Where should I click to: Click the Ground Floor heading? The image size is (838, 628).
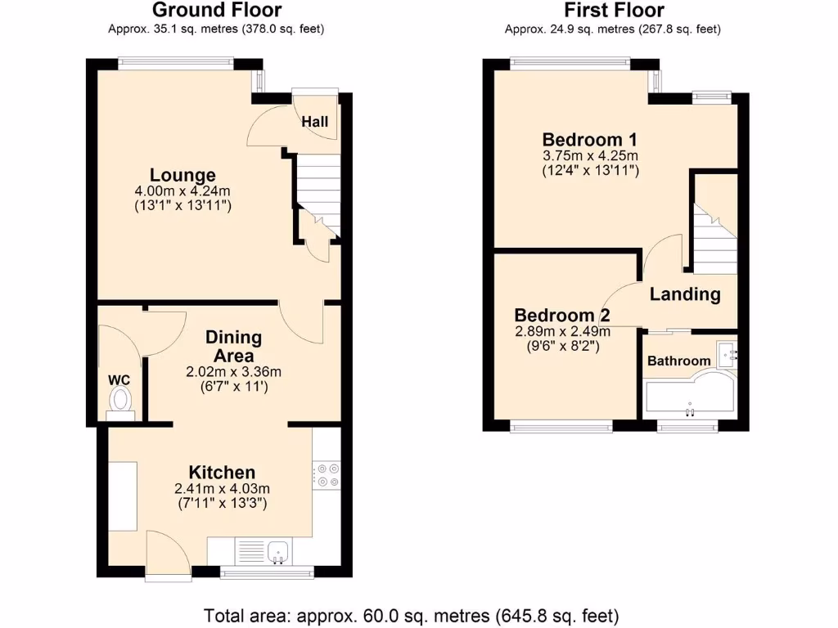(x=217, y=11)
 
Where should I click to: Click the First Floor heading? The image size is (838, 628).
(x=613, y=11)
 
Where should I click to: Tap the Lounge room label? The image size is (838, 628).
(x=182, y=174)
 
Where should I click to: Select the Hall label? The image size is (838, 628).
(x=315, y=122)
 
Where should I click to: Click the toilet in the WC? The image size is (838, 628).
(x=121, y=401)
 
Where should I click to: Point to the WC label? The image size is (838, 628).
(x=119, y=379)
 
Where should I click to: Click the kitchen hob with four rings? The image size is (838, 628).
(x=327, y=475)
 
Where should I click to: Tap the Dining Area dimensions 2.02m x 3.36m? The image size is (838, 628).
(x=233, y=371)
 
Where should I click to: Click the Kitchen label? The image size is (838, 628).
(x=222, y=472)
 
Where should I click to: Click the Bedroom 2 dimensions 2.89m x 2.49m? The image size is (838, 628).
(x=562, y=331)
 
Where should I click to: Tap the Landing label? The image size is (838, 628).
(x=685, y=294)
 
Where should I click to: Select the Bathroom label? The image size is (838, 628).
(x=679, y=361)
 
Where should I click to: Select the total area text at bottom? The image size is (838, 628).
(x=411, y=615)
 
